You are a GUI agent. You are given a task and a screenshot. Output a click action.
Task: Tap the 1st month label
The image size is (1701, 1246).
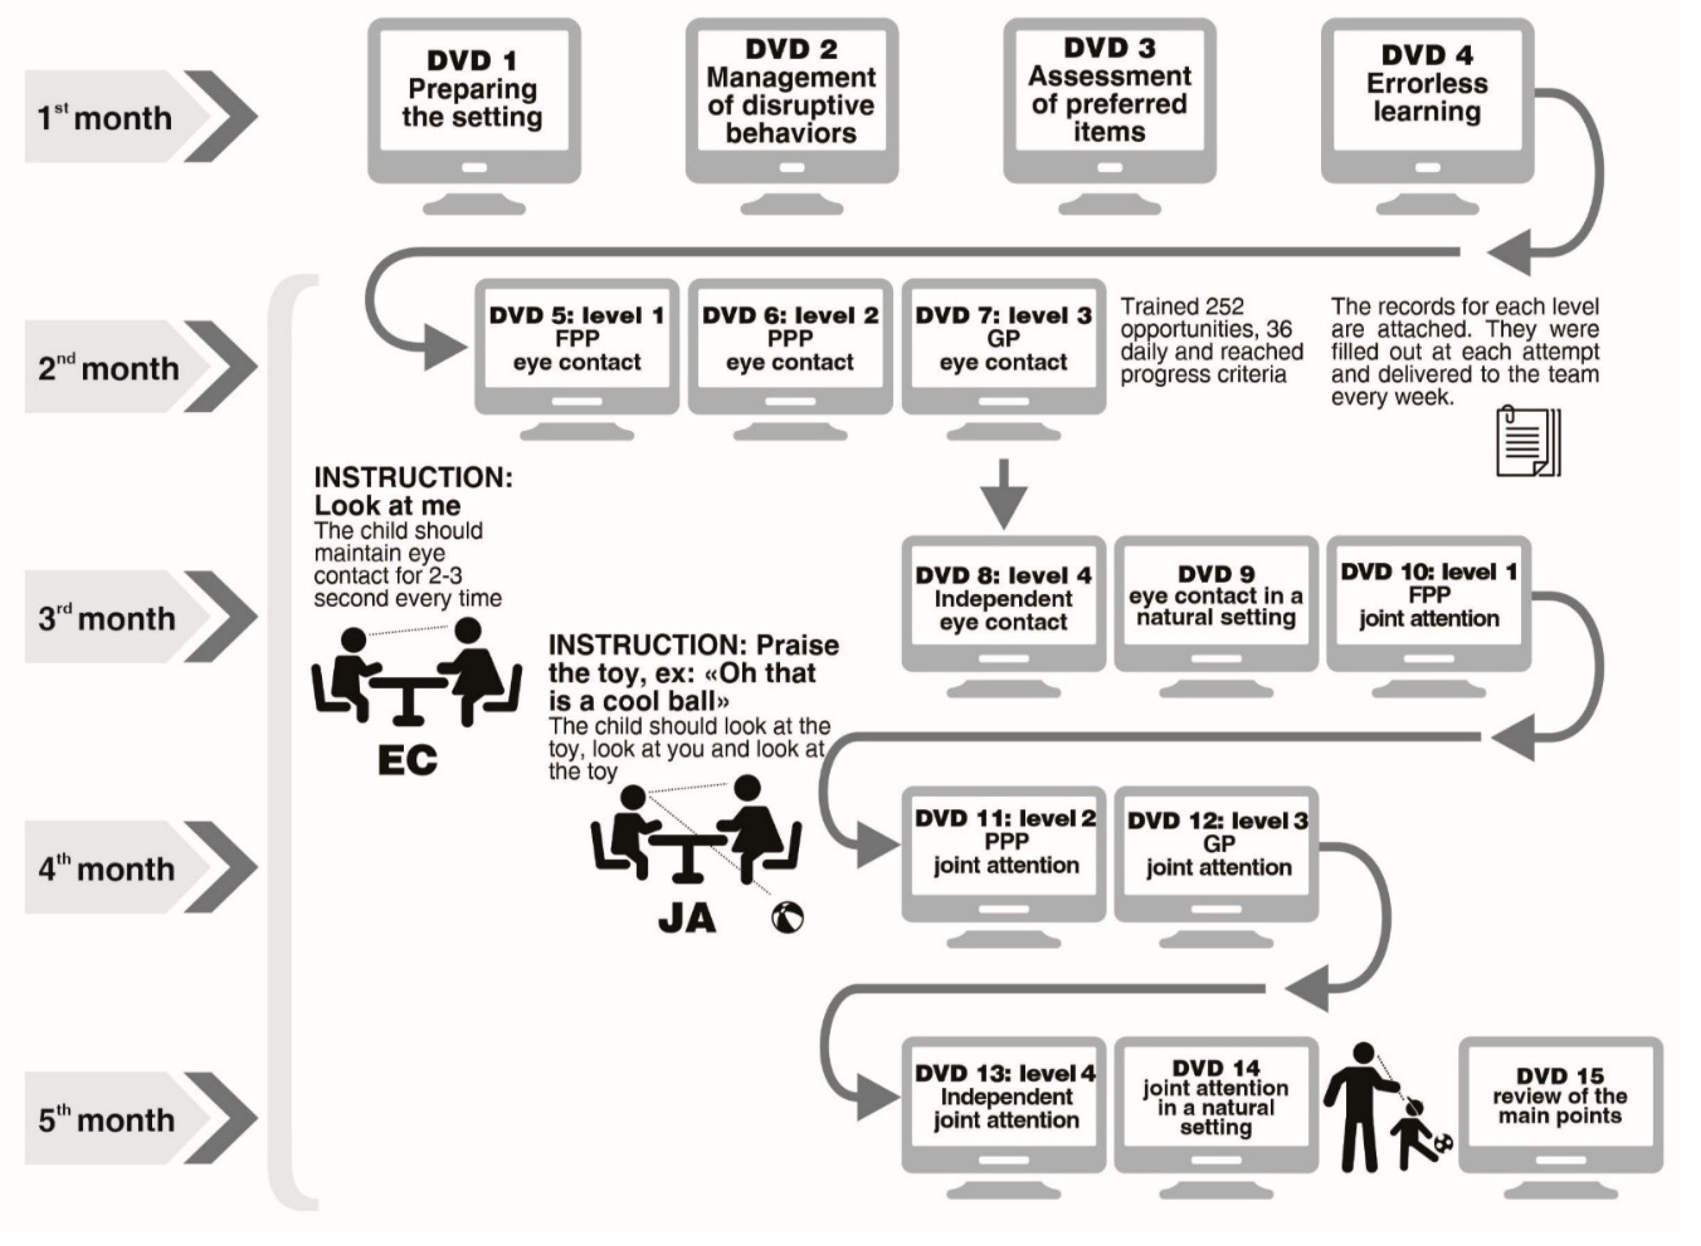pos(105,117)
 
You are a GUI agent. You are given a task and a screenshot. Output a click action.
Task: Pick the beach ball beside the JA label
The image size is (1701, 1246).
pos(787,918)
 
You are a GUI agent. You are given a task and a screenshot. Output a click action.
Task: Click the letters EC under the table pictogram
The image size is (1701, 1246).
pos(408,760)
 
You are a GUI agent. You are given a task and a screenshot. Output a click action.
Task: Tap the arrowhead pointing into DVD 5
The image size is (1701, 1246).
pos(445,348)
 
